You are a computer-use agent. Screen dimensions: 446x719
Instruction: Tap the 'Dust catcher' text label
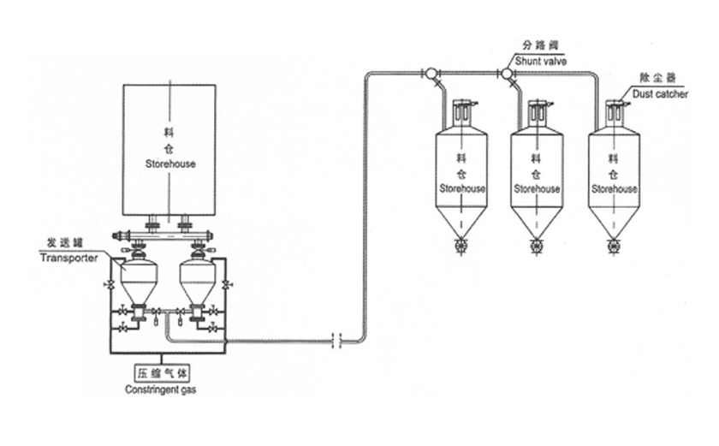click(x=660, y=94)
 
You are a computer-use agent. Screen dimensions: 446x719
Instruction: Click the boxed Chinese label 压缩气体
click(x=162, y=374)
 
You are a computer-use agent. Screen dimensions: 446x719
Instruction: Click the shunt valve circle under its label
click(x=507, y=74)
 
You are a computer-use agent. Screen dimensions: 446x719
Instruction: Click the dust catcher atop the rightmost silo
click(x=614, y=112)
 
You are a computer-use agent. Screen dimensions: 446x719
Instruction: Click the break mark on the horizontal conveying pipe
click(x=339, y=341)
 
